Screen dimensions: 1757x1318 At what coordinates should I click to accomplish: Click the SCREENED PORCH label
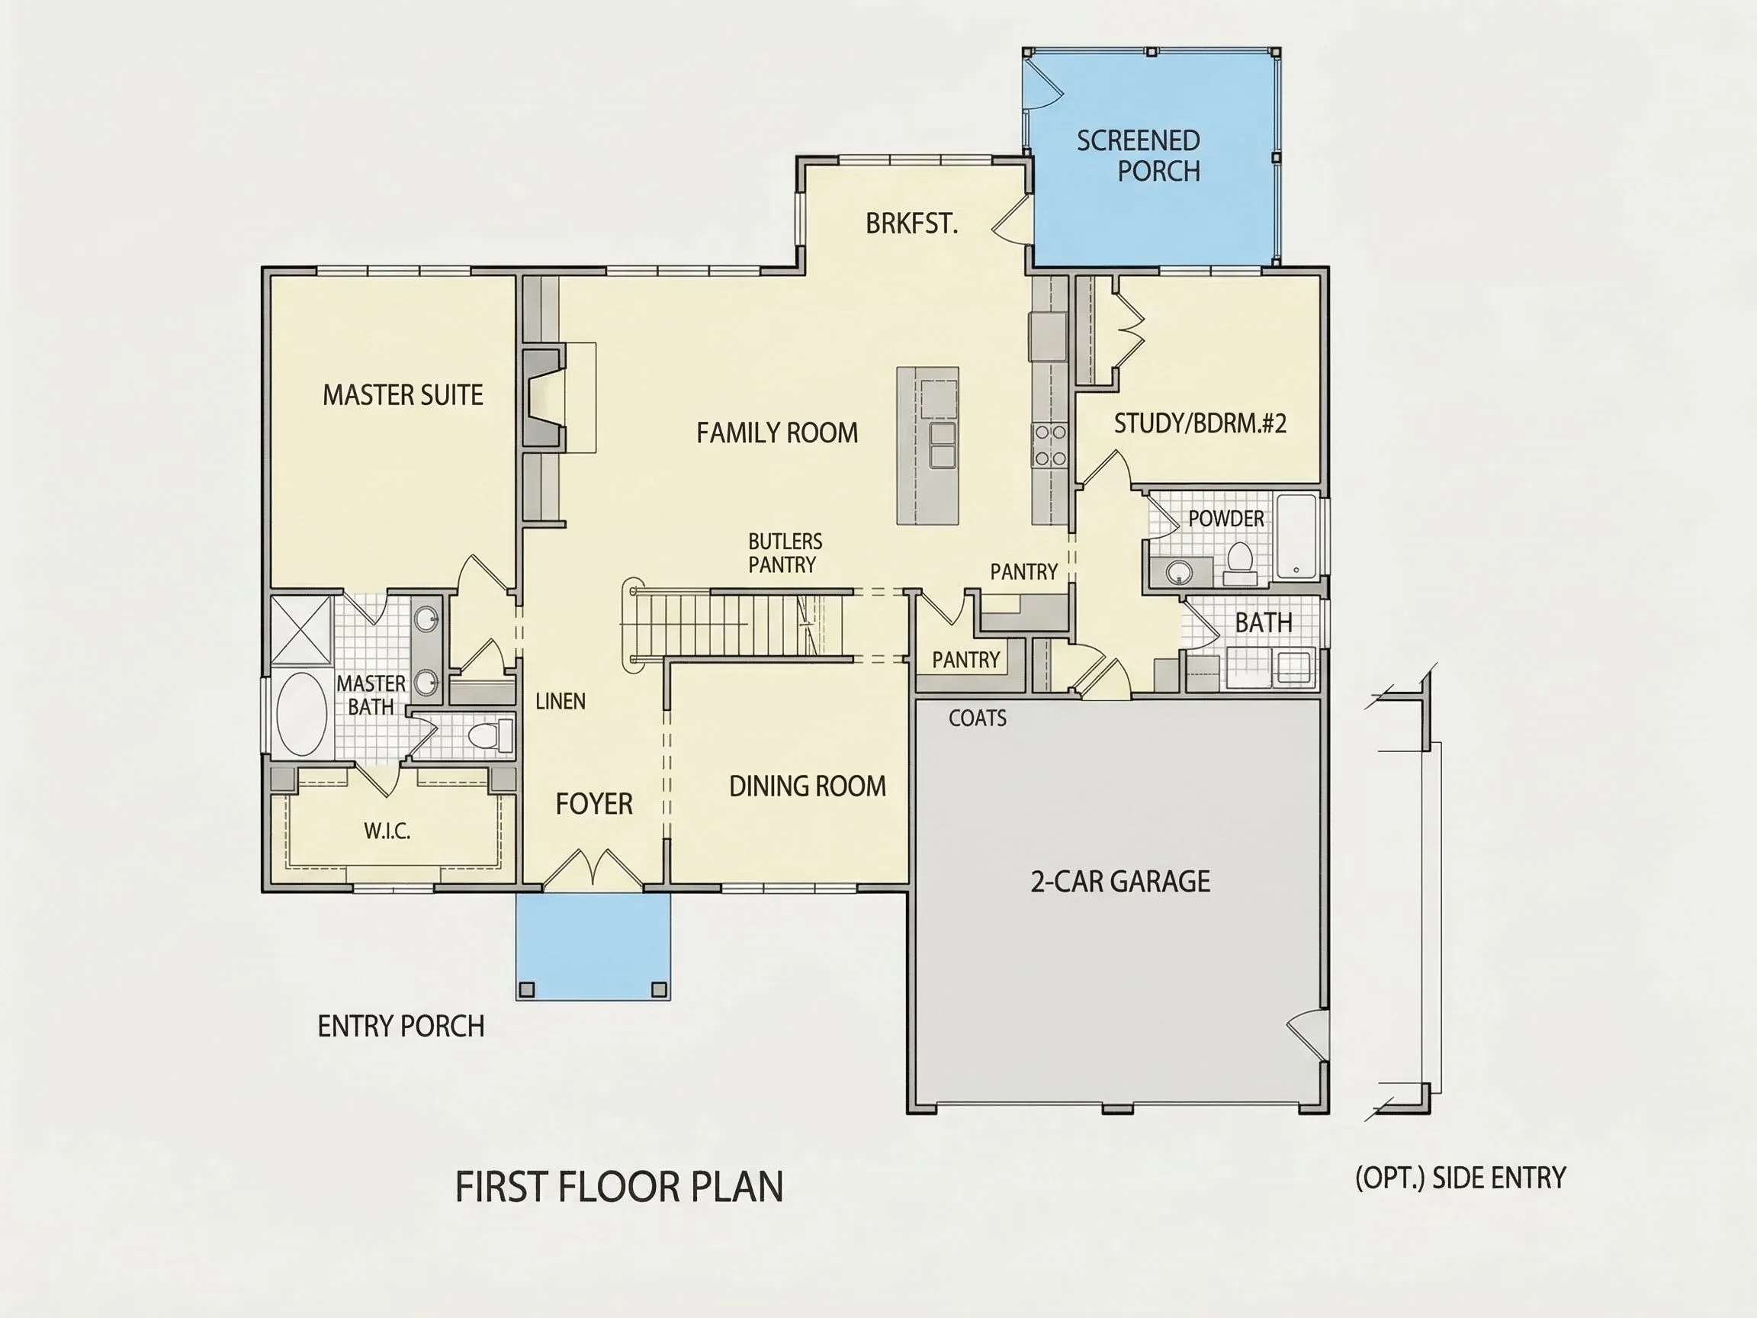click(x=1139, y=156)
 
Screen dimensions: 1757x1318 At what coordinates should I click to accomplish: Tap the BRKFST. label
click(x=912, y=223)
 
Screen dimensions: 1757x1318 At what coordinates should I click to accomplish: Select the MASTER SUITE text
click(x=403, y=395)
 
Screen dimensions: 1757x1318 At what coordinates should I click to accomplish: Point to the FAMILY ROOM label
click(x=777, y=432)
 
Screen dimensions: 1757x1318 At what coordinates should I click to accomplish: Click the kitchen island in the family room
click(x=928, y=445)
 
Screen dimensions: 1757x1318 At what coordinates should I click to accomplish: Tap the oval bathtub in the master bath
click(x=301, y=713)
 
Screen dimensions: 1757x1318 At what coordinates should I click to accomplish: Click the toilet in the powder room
click(x=1239, y=558)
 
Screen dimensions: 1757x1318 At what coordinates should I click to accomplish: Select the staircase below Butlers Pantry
click(x=734, y=625)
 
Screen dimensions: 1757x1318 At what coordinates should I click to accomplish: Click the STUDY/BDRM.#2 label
click(x=1200, y=423)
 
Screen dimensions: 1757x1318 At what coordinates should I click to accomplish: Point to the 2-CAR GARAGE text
click(x=1120, y=881)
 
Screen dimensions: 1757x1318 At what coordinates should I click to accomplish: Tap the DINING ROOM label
click(x=807, y=786)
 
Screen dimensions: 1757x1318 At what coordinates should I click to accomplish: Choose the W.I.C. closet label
click(x=387, y=831)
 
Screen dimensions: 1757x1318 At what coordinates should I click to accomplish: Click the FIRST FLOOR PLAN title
click(x=618, y=1186)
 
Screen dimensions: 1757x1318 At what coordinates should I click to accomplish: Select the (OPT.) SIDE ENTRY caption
click(x=1460, y=1178)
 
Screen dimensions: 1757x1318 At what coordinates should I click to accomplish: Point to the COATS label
click(x=977, y=718)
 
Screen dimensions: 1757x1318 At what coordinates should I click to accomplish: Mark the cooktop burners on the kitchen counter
click(x=1049, y=445)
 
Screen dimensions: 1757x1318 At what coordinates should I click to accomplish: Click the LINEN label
click(x=560, y=701)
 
